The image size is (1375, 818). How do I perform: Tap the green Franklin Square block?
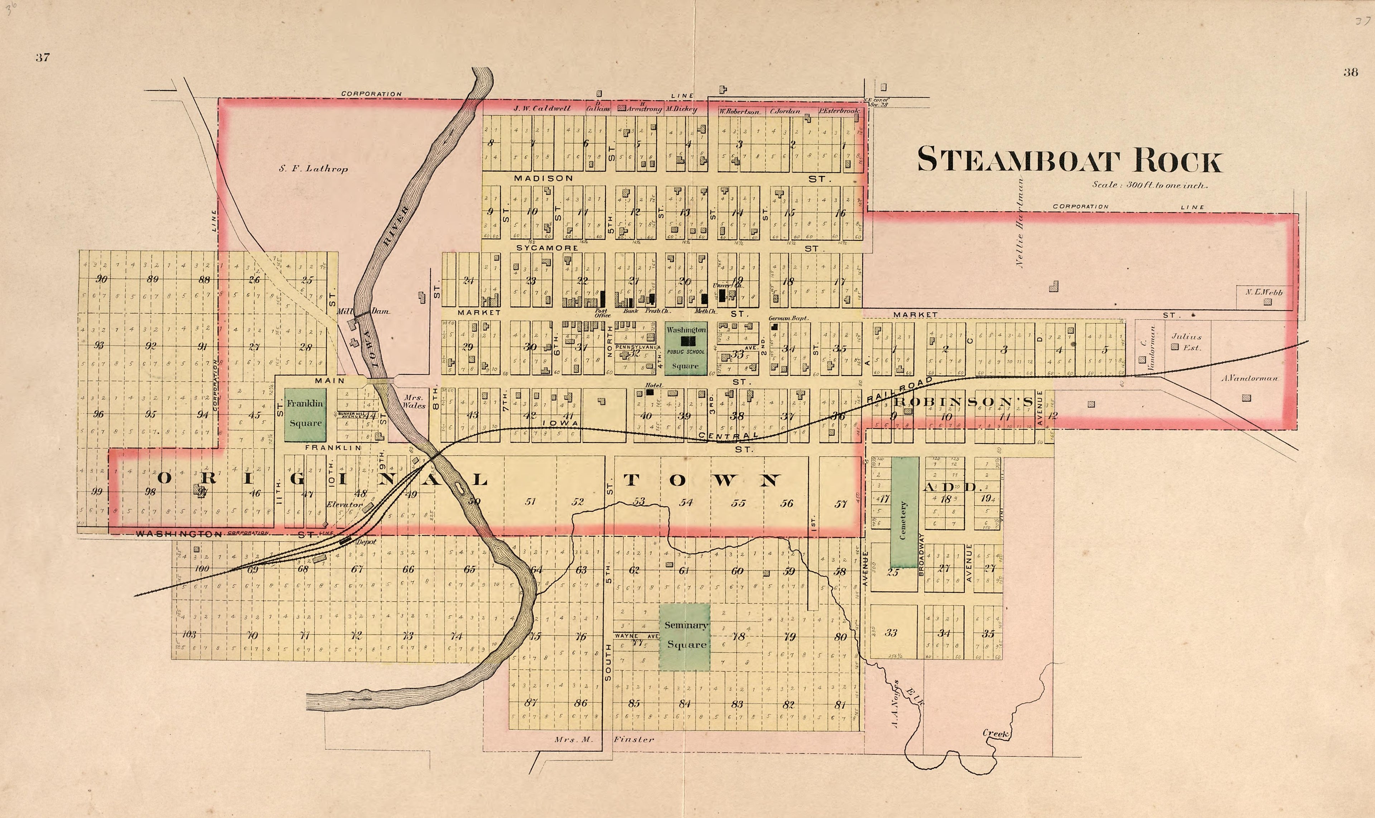click(305, 414)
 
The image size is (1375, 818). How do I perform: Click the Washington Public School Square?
click(685, 348)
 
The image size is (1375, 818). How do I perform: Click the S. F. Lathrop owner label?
click(313, 169)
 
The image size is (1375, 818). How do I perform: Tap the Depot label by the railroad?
click(366, 542)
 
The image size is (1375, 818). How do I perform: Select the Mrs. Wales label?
click(414, 401)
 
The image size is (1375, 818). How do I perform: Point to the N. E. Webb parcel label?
click(1264, 292)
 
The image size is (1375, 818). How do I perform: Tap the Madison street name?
click(543, 178)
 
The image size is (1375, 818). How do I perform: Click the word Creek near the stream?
click(996, 734)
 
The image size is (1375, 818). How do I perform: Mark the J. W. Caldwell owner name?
click(542, 109)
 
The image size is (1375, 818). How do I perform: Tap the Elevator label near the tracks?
click(344, 504)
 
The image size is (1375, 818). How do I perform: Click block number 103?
click(188, 635)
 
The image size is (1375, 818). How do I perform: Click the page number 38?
click(1350, 72)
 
